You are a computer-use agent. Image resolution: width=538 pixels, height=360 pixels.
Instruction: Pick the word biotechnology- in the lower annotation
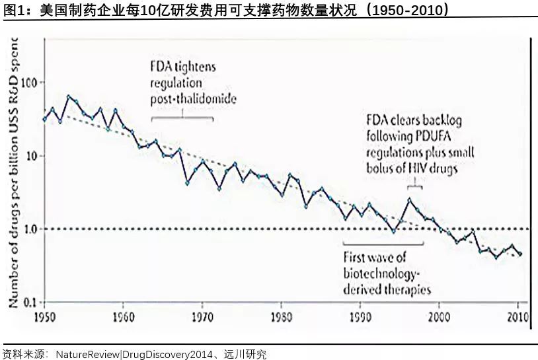(x=382, y=273)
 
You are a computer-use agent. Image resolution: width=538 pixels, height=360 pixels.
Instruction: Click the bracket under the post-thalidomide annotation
(x=182, y=117)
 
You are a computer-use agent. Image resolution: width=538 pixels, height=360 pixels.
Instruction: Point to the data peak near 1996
(x=409, y=199)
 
